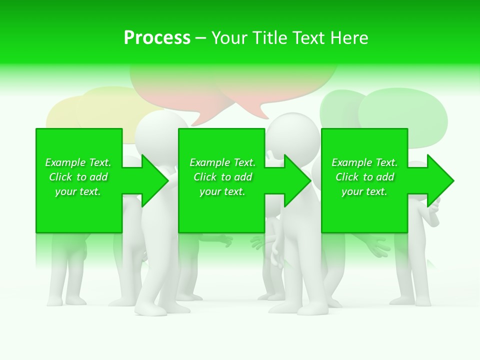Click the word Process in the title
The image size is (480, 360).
point(157,38)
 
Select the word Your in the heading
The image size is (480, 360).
point(229,38)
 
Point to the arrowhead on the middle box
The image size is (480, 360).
point(296,180)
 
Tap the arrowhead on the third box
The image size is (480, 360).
point(439,180)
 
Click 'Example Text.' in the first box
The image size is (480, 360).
point(78,162)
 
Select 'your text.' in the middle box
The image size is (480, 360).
point(222,191)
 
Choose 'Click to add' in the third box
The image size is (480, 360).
point(364,177)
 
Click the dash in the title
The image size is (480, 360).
point(200,38)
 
